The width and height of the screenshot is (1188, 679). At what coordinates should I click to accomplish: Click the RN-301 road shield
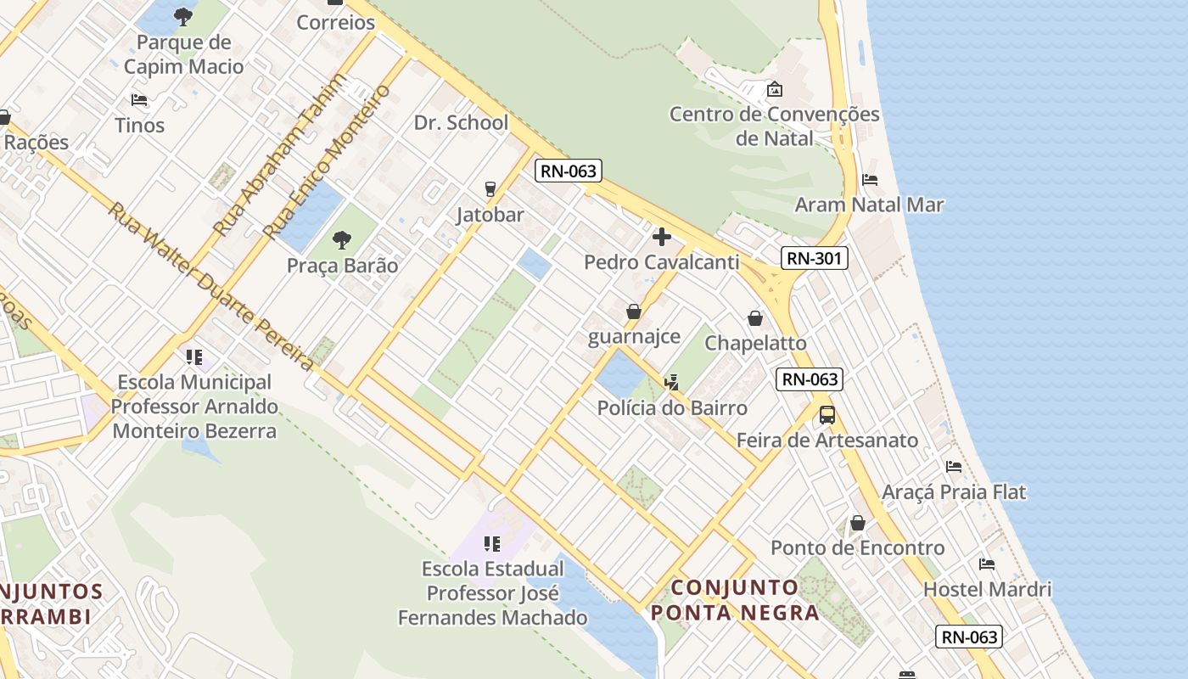click(x=814, y=258)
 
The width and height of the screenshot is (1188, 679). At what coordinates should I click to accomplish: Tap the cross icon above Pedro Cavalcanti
click(x=662, y=237)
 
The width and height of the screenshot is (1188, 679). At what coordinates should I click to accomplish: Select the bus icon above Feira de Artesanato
click(x=827, y=415)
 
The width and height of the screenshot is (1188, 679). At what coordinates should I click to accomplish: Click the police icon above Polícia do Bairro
click(x=672, y=383)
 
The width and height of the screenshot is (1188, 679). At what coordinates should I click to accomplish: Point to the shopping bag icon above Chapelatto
click(x=755, y=318)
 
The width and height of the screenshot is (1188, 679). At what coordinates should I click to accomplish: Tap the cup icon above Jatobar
click(x=490, y=188)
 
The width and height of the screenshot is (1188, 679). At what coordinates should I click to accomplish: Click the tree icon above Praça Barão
click(x=342, y=240)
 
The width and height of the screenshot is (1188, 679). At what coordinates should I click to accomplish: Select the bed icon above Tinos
click(x=140, y=100)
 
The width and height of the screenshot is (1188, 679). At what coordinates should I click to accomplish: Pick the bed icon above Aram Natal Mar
click(x=870, y=180)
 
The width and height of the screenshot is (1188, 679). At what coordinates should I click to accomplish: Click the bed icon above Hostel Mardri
click(x=987, y=564)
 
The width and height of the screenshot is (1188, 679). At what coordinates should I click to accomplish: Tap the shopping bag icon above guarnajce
click(x=634, y=311)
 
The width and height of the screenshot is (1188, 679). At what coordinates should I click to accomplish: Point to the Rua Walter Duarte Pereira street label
click(x=210, y=286)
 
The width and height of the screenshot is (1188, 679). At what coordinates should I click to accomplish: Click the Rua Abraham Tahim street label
click(x=279, y=154)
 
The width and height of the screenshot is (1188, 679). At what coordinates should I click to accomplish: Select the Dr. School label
click(x=461, y=122)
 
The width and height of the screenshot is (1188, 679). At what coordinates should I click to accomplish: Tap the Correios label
click(x=335, y=22)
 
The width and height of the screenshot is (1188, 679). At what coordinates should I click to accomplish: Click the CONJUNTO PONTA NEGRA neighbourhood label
click(x=735, y=599)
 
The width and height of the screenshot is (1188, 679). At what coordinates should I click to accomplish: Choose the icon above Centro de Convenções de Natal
click(x=774, y=88)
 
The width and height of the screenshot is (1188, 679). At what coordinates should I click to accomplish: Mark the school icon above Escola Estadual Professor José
click(x=492, y=543)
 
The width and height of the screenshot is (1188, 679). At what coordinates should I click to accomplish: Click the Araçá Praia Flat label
click(x=954, y=492)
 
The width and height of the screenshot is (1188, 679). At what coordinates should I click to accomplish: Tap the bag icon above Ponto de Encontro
click(x=858, y=523)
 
